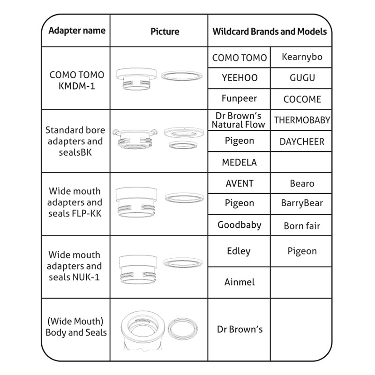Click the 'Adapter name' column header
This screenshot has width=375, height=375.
tap(77, 31)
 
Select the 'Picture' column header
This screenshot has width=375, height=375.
tap(165, 31)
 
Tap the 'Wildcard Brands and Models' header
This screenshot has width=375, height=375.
tap(270, 31)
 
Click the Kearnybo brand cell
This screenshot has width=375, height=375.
tap(302, 57)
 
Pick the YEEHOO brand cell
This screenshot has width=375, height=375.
tap(240, 78)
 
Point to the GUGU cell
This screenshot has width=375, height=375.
tap(302, 78)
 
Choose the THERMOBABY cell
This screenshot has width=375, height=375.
tap(302, 120)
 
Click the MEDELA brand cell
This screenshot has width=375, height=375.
tap(240, 162)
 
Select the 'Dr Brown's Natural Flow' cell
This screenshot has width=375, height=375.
tap(240, 120)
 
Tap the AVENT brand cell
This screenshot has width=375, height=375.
tap(240, 183)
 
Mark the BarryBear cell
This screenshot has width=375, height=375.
tap(302, 203)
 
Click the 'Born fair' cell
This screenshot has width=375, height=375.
tap(302, 225)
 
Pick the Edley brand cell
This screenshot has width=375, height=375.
tap(240, 251)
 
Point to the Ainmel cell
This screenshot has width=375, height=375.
tap(240, 282)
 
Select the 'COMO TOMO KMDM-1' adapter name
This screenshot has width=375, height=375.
tap(77, 80)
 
